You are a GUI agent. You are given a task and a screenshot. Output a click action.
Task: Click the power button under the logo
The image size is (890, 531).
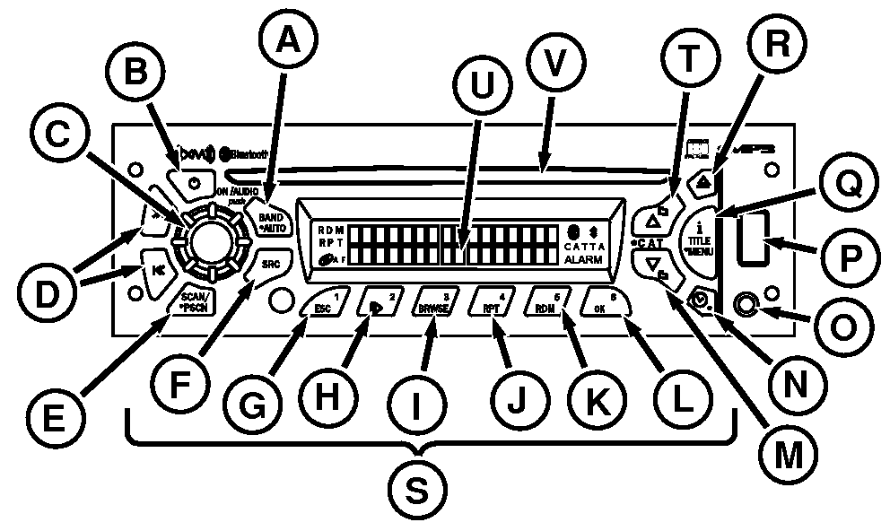point(195,183)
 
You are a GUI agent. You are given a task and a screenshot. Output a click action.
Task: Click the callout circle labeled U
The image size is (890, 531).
point(483,92)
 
